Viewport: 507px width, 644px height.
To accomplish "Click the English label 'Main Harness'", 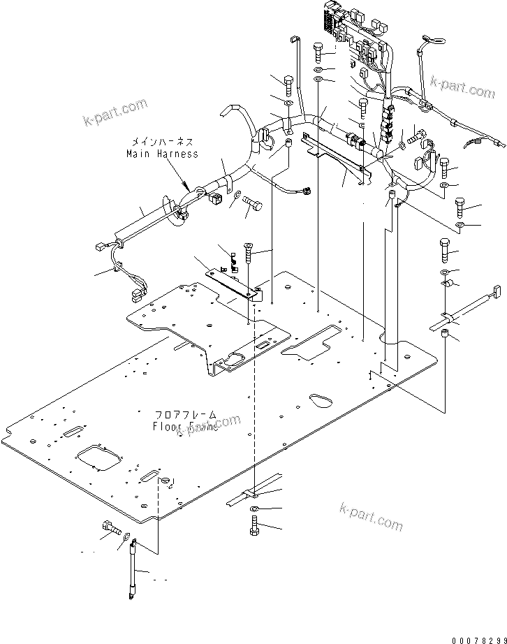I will [162, 154].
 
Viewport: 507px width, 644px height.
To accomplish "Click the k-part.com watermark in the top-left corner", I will [115, 110].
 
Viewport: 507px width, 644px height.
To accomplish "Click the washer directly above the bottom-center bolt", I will [256, 508].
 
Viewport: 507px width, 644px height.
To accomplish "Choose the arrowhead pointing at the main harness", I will [186, 186].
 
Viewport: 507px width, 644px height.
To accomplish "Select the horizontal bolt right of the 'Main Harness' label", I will [253, 204].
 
